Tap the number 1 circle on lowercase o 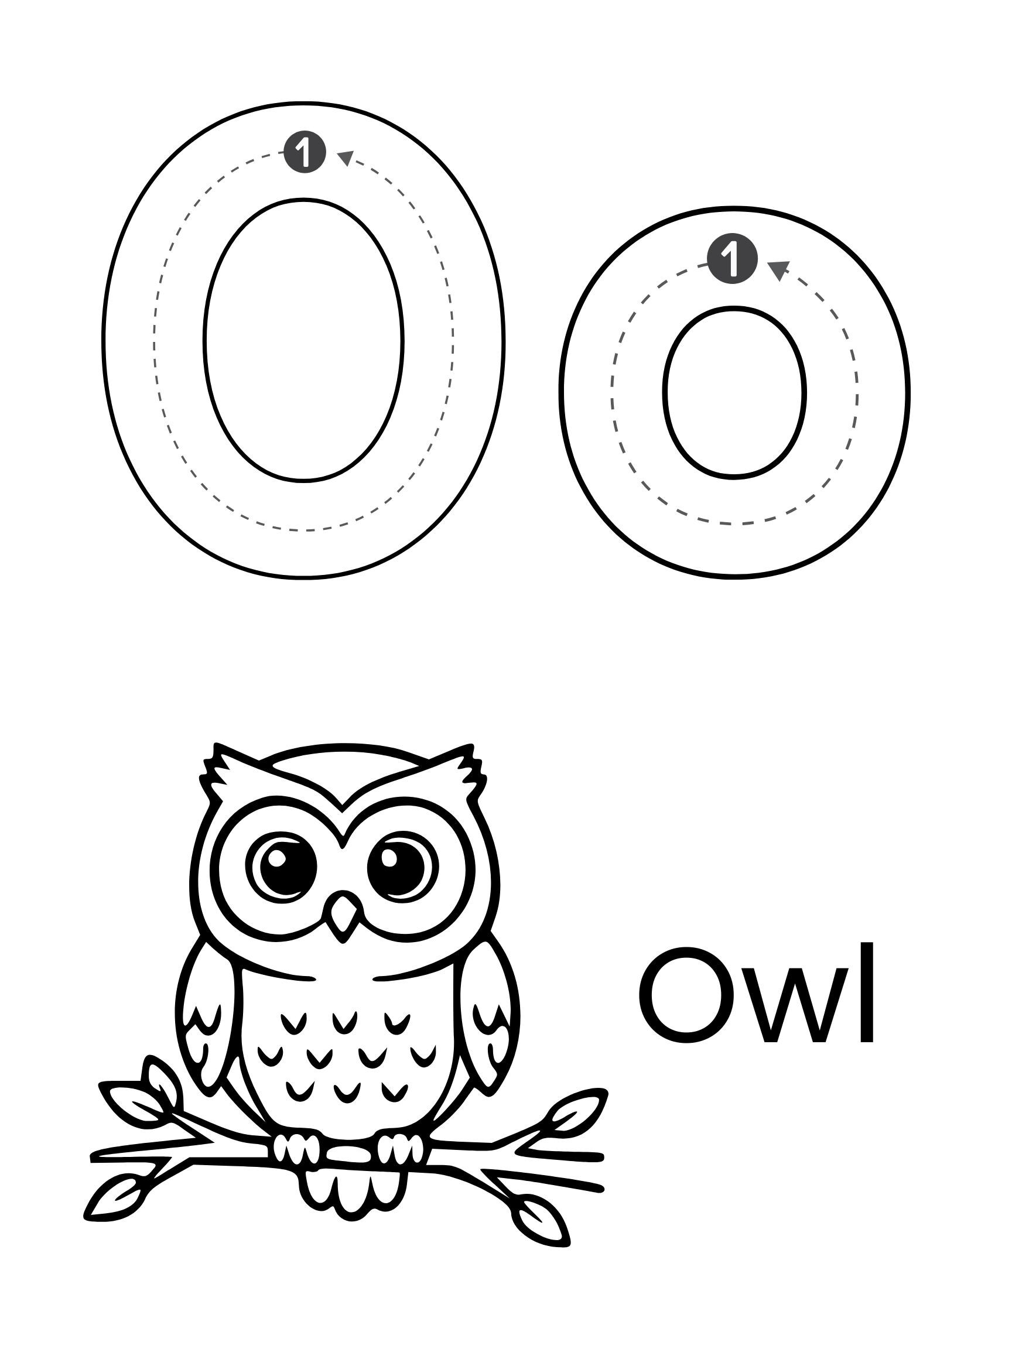click(x=732, y=258)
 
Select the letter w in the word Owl click(x=787, y=1012)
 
